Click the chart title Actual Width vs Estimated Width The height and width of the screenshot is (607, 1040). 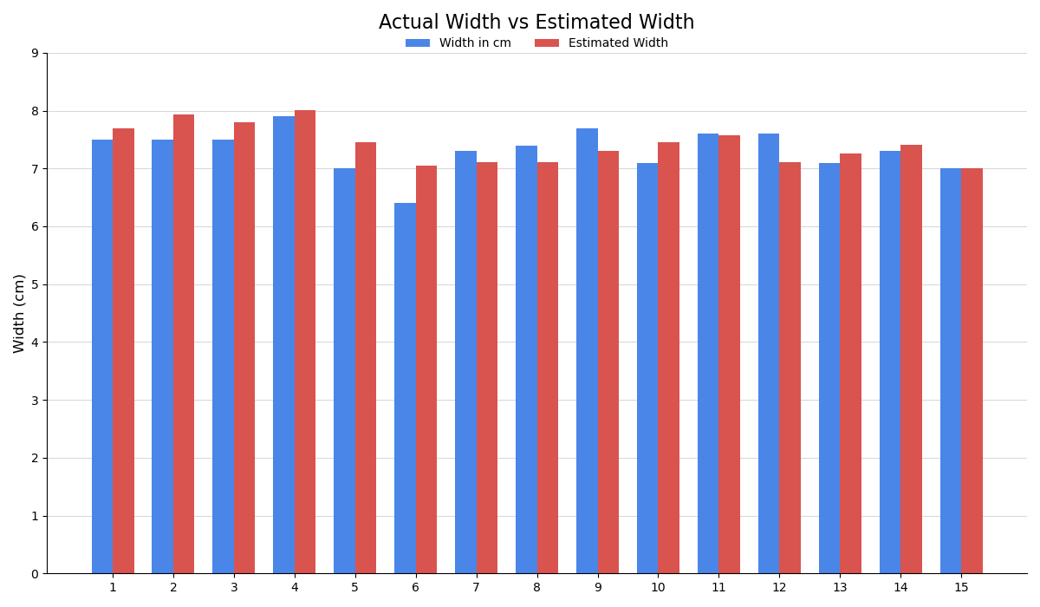(x=536, y=23)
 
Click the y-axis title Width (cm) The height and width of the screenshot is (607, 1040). (x=19, y=313)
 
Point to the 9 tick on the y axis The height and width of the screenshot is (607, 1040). (x=35, y=53)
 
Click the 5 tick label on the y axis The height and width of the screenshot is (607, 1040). (x=35, y=284)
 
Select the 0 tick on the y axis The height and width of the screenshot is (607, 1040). (x=35, y=574)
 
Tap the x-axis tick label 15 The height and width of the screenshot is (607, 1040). (x=961, y=588)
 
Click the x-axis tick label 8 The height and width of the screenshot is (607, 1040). (x=536, y=588)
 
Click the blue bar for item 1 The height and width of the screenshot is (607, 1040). (x=102, y=356)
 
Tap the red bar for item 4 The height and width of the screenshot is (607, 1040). (x=305, y=342)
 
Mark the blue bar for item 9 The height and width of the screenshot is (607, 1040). (x=587, y=351)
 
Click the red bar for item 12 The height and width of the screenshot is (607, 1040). (x=790, y=368)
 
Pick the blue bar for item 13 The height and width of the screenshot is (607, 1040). (x=829, y=369)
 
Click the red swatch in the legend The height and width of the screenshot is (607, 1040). (x=547, y=43)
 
